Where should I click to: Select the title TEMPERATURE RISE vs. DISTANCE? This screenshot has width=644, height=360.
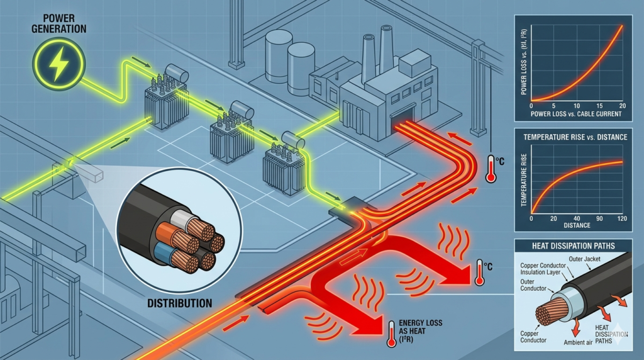571,137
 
